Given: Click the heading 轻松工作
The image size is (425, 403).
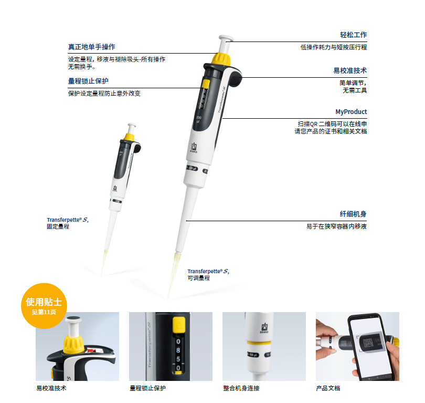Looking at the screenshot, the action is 353,35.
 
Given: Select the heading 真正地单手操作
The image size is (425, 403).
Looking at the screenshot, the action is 92,47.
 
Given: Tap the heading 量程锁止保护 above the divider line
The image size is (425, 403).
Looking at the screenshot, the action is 88,81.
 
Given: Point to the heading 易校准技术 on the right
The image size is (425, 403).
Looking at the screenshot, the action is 350,70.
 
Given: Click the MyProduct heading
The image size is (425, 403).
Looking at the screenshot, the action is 351,112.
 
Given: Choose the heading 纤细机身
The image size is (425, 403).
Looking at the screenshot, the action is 353,214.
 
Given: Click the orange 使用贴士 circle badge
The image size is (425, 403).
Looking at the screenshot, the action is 44,306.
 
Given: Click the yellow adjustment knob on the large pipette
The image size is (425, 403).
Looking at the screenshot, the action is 221,60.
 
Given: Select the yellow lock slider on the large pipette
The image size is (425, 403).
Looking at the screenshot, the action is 206,84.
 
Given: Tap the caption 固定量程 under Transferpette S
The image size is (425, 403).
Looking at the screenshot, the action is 58,226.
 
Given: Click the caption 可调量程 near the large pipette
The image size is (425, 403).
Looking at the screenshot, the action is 199,278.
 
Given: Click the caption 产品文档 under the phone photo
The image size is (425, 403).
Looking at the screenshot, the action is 328,388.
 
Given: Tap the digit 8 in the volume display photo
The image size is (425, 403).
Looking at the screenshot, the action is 178,350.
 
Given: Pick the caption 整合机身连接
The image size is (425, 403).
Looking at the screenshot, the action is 241,388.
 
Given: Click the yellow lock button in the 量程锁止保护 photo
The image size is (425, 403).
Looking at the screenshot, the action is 178,324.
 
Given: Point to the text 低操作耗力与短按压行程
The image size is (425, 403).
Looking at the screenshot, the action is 334,47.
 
